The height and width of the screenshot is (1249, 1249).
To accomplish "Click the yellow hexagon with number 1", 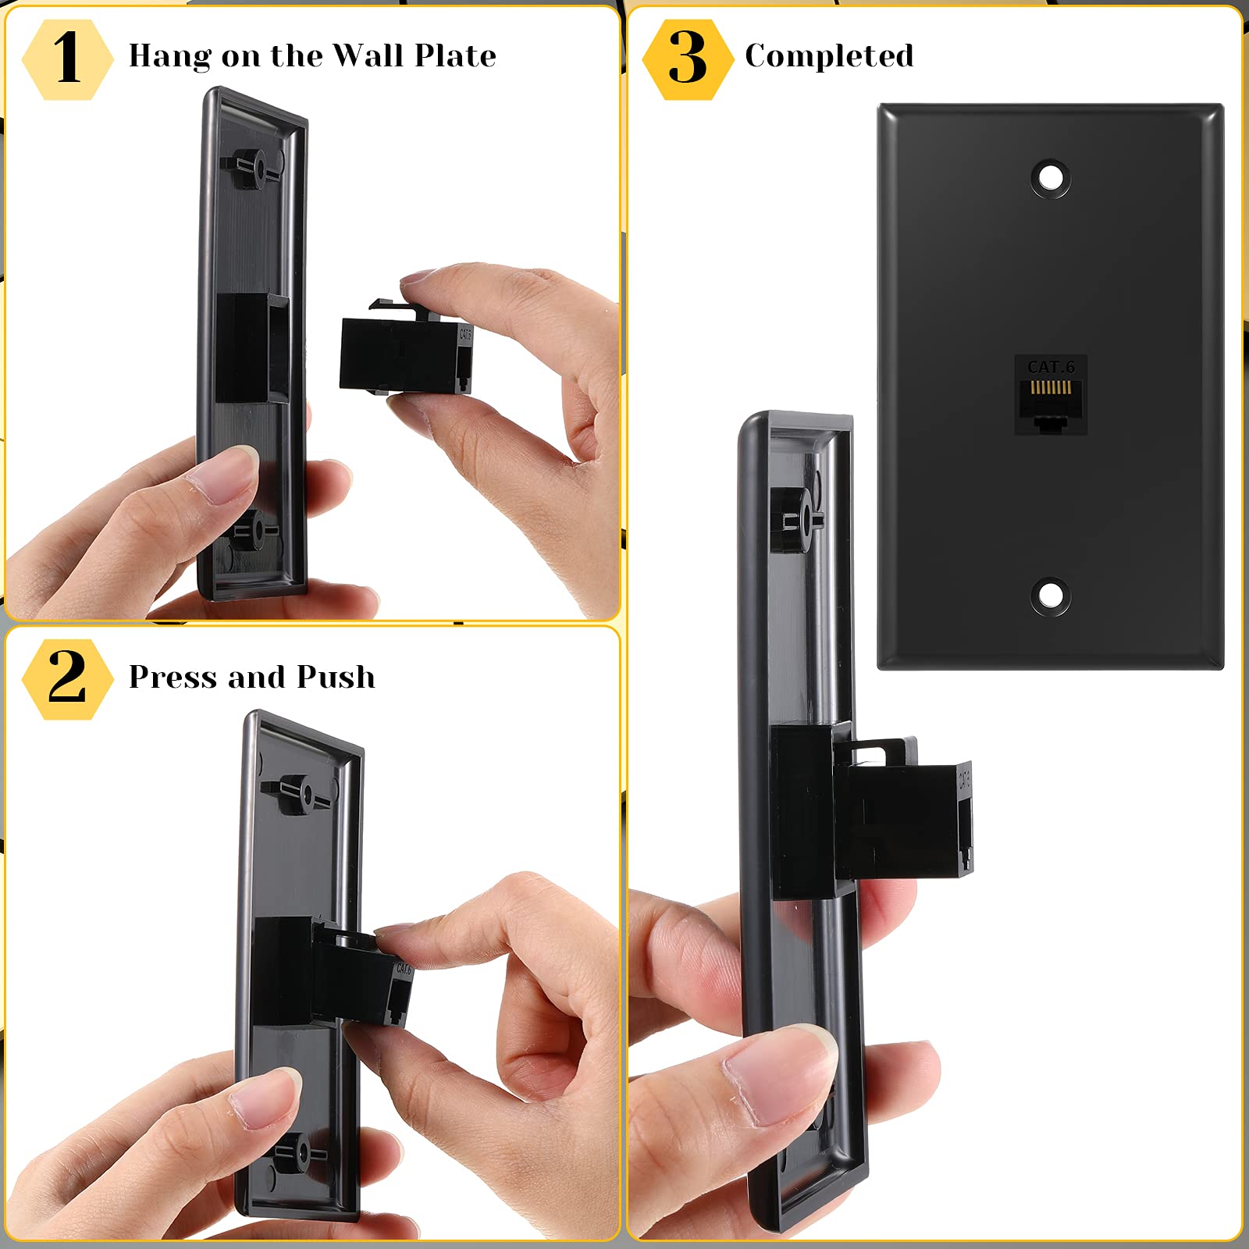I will (x=67, y=59).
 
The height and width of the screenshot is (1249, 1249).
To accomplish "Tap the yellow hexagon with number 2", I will (x=67, y=678).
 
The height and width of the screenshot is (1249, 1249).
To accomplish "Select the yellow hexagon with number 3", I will (x=687, y=59).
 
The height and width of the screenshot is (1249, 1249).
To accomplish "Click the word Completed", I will (x=829, y=56).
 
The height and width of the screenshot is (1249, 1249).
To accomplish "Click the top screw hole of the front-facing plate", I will (x=1051, y=177).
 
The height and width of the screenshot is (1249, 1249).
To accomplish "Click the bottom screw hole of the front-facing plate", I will (x=1051, y=596).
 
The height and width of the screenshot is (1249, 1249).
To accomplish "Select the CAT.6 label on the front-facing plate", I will (x=1051, y=366).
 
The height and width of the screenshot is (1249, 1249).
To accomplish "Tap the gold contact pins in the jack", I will (x=1051, y=387).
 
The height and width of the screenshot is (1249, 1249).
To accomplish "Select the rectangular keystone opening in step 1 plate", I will (x=250, y=348).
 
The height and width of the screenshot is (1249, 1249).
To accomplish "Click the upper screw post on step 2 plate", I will (x=298, y=794).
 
